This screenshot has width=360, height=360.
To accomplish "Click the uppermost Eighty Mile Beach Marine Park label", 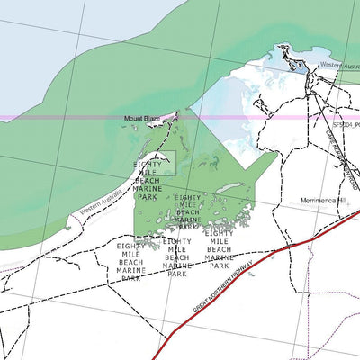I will [147, 180].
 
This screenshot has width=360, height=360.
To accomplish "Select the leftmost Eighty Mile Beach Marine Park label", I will [131, 261].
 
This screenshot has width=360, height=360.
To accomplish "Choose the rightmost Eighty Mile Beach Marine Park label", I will [220, 249].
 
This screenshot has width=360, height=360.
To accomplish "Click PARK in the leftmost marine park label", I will [131, 279].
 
